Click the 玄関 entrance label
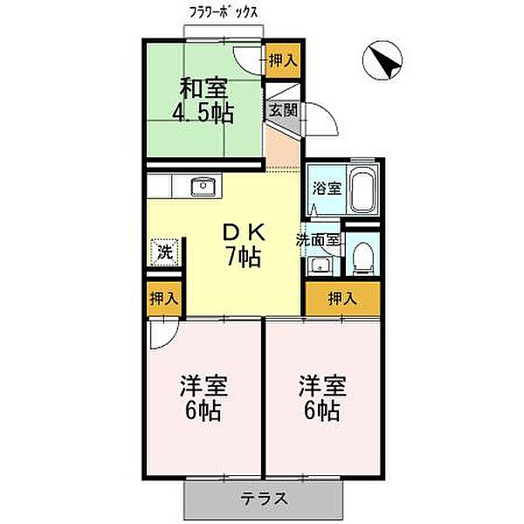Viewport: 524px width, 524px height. (x=282, y=111)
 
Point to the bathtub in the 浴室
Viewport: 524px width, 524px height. (x=362, y=189)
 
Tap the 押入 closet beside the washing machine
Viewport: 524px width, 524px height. (x=164, y=298)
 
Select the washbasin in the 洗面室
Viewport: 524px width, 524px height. (x=321, y=265)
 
